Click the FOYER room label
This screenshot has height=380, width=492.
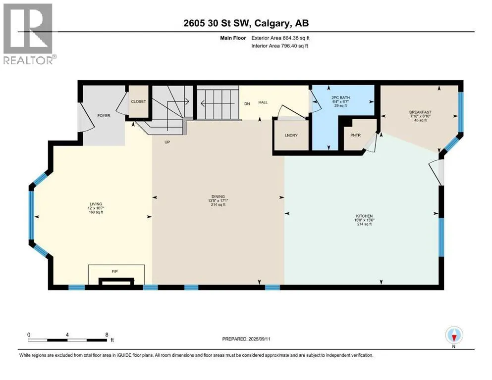coord(104,116)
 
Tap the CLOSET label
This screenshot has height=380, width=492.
coord(138,101)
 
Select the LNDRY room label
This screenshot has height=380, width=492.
coord(291,136)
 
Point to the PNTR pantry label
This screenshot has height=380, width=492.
coord(356,136)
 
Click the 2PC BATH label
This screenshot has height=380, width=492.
coord(340,98)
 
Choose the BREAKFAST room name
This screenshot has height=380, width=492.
coord(420,112)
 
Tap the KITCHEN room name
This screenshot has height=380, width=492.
coord(364,216)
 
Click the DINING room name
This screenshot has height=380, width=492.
coord(218,197)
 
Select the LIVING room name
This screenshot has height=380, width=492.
coord(96,204)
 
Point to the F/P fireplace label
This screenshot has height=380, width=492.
coord(114,272)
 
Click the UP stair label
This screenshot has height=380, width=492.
coord(167,142)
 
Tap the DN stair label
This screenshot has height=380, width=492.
coord(247,104)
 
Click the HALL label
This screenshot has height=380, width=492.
coord(263,102)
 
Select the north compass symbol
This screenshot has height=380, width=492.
coord(454,335)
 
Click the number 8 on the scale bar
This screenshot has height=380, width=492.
coord(107,334)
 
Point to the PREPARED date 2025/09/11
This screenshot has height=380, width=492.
coord(259,339)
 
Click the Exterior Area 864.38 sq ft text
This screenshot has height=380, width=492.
coord(280,38)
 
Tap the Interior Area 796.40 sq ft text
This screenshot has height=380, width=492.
coord(279,46)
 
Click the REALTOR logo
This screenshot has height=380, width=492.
coord(29,34)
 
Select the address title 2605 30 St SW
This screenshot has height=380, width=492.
coord(216,23)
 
